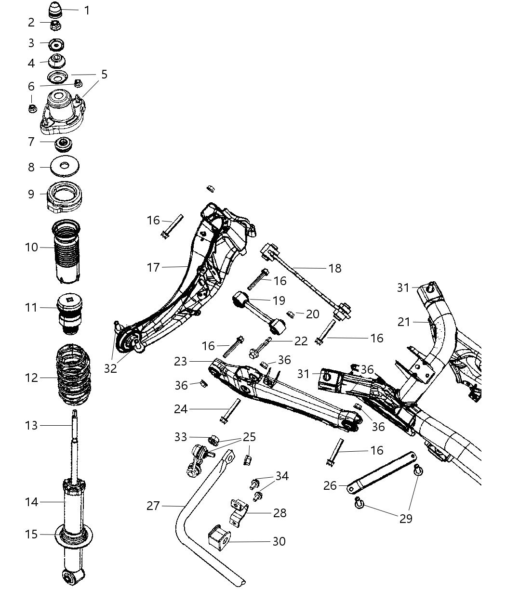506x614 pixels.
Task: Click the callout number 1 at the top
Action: [87, 10]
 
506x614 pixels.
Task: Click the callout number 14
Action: [31, 502]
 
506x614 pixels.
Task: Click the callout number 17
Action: [153, 267]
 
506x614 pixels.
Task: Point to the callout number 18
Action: [334, 268]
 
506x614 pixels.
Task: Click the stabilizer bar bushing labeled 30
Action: [220, 540]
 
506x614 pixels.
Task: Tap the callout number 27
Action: [153, 506]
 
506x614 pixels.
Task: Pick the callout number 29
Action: [406, 518]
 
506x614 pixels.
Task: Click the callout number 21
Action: [404, 322]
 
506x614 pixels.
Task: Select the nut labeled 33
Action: [214, 439]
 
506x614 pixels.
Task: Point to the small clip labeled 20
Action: [291, 314]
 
